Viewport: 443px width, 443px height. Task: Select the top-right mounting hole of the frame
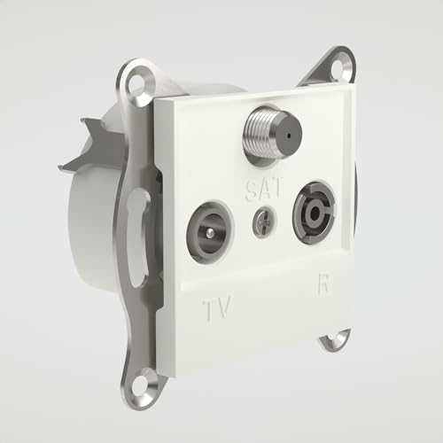point(340,65)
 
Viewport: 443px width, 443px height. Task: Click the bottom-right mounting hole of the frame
point(335,339)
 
